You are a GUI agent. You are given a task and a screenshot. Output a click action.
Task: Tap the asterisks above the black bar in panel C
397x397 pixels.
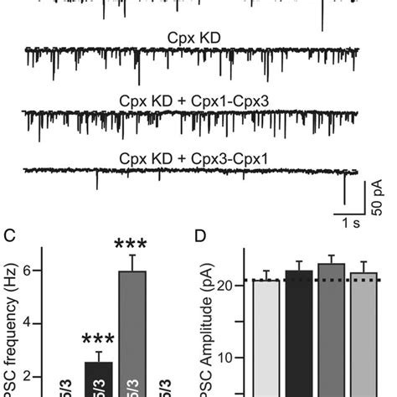point(100,340)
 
